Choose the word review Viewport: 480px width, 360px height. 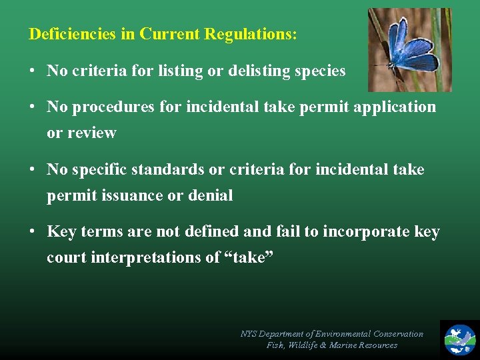pyautogui.click(x=91, y=133)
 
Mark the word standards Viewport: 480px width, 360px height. pyautogui.click(x=174, y=170)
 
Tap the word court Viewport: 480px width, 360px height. pyautogui.click(x=66, y=257)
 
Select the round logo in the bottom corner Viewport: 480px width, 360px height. pyautogui.click(x=460, y=339)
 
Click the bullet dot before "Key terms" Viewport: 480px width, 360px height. pyautogui.click(x=32, y=232)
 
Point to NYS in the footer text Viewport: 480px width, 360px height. pyautogui.click(x=249, y=334)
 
